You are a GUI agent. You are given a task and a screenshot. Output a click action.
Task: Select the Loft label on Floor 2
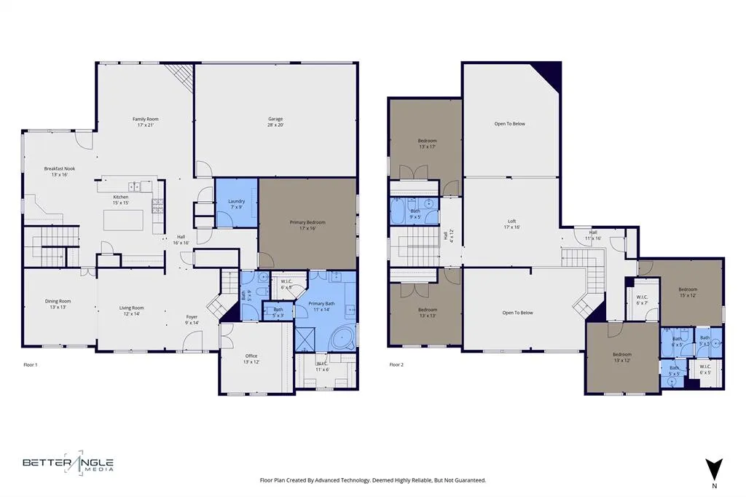click(x=512, y=224)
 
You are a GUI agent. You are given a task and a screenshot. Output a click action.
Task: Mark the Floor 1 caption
click(x=31, y=364)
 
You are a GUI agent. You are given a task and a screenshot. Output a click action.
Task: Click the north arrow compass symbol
click(x=714, y=469)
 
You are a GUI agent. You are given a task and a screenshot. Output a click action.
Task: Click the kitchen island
click(x=122, y=219)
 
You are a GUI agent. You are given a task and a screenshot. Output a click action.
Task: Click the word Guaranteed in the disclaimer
click(x=468, y=480)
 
